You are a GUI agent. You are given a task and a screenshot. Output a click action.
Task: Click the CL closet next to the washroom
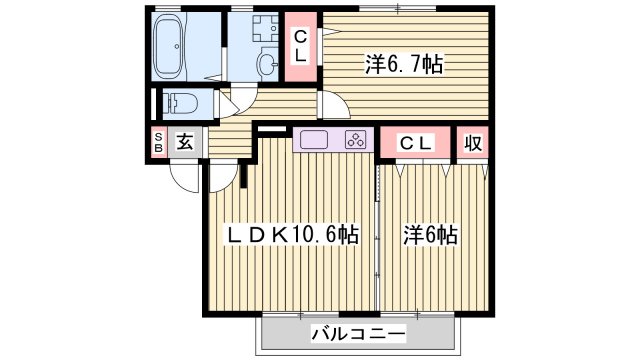click(300, 47)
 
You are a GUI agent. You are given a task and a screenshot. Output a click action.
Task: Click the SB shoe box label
click(158, 142)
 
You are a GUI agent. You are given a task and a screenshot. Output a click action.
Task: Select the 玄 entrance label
click(185, 142)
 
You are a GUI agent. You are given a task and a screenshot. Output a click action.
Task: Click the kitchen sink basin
click(311, 140)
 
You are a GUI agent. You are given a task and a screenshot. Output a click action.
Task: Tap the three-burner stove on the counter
click(355, 140)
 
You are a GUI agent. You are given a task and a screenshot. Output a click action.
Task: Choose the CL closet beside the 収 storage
click(416, 142)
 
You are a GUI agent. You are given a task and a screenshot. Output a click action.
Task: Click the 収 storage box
click(473, 142)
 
